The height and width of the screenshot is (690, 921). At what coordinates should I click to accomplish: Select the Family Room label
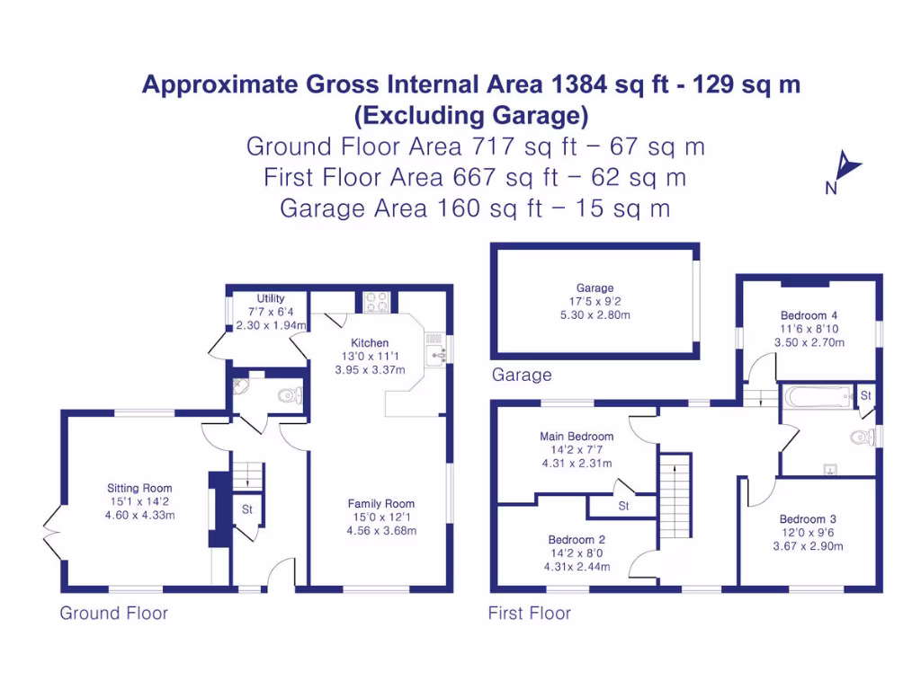pyautogui.click(x=381, y=504)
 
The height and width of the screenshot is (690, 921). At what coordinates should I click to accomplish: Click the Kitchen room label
pyautogui.click(x=370, y=343)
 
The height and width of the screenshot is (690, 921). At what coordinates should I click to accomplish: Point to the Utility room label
pyautogui.click(x=271, y=299)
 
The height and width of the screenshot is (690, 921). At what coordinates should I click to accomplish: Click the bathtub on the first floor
pyautogui.click(x=818, y=396)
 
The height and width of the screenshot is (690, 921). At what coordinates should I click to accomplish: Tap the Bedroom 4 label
pyautogui.click(x=809, y=315)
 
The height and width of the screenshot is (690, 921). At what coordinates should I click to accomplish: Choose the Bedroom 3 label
pyautogui.click(x=808, y=519)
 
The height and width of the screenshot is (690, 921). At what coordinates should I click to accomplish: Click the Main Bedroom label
pyautogui.click(x=577, y=437)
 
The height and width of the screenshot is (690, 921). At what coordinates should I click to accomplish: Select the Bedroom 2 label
pyautogui.click(x=577, y=540)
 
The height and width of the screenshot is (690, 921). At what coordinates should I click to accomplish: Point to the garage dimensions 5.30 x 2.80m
pyautogui.click(x=595, y=315)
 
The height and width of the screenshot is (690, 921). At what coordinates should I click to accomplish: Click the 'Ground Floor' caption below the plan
pyautogui.click(x=113, y=614)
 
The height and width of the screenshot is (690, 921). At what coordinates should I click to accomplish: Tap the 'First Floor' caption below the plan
pyautogui.click(x=529, y=614)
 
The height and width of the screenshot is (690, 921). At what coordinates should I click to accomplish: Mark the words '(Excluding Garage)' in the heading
pyautogui.click(x=471, y=116)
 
